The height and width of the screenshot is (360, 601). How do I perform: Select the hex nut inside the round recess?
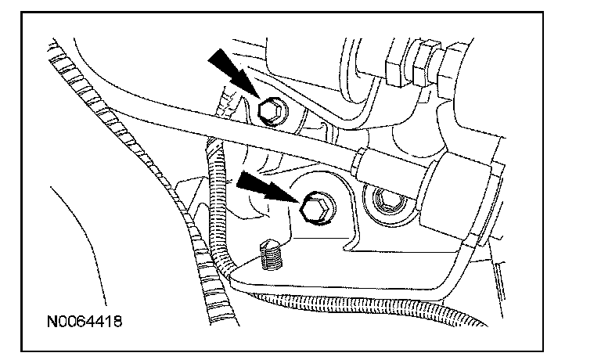click(x=386, y=203)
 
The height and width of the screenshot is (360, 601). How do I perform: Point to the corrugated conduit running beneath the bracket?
click(x=368, y=301)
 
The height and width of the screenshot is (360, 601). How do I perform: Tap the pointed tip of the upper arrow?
click(x=259, y=98)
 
